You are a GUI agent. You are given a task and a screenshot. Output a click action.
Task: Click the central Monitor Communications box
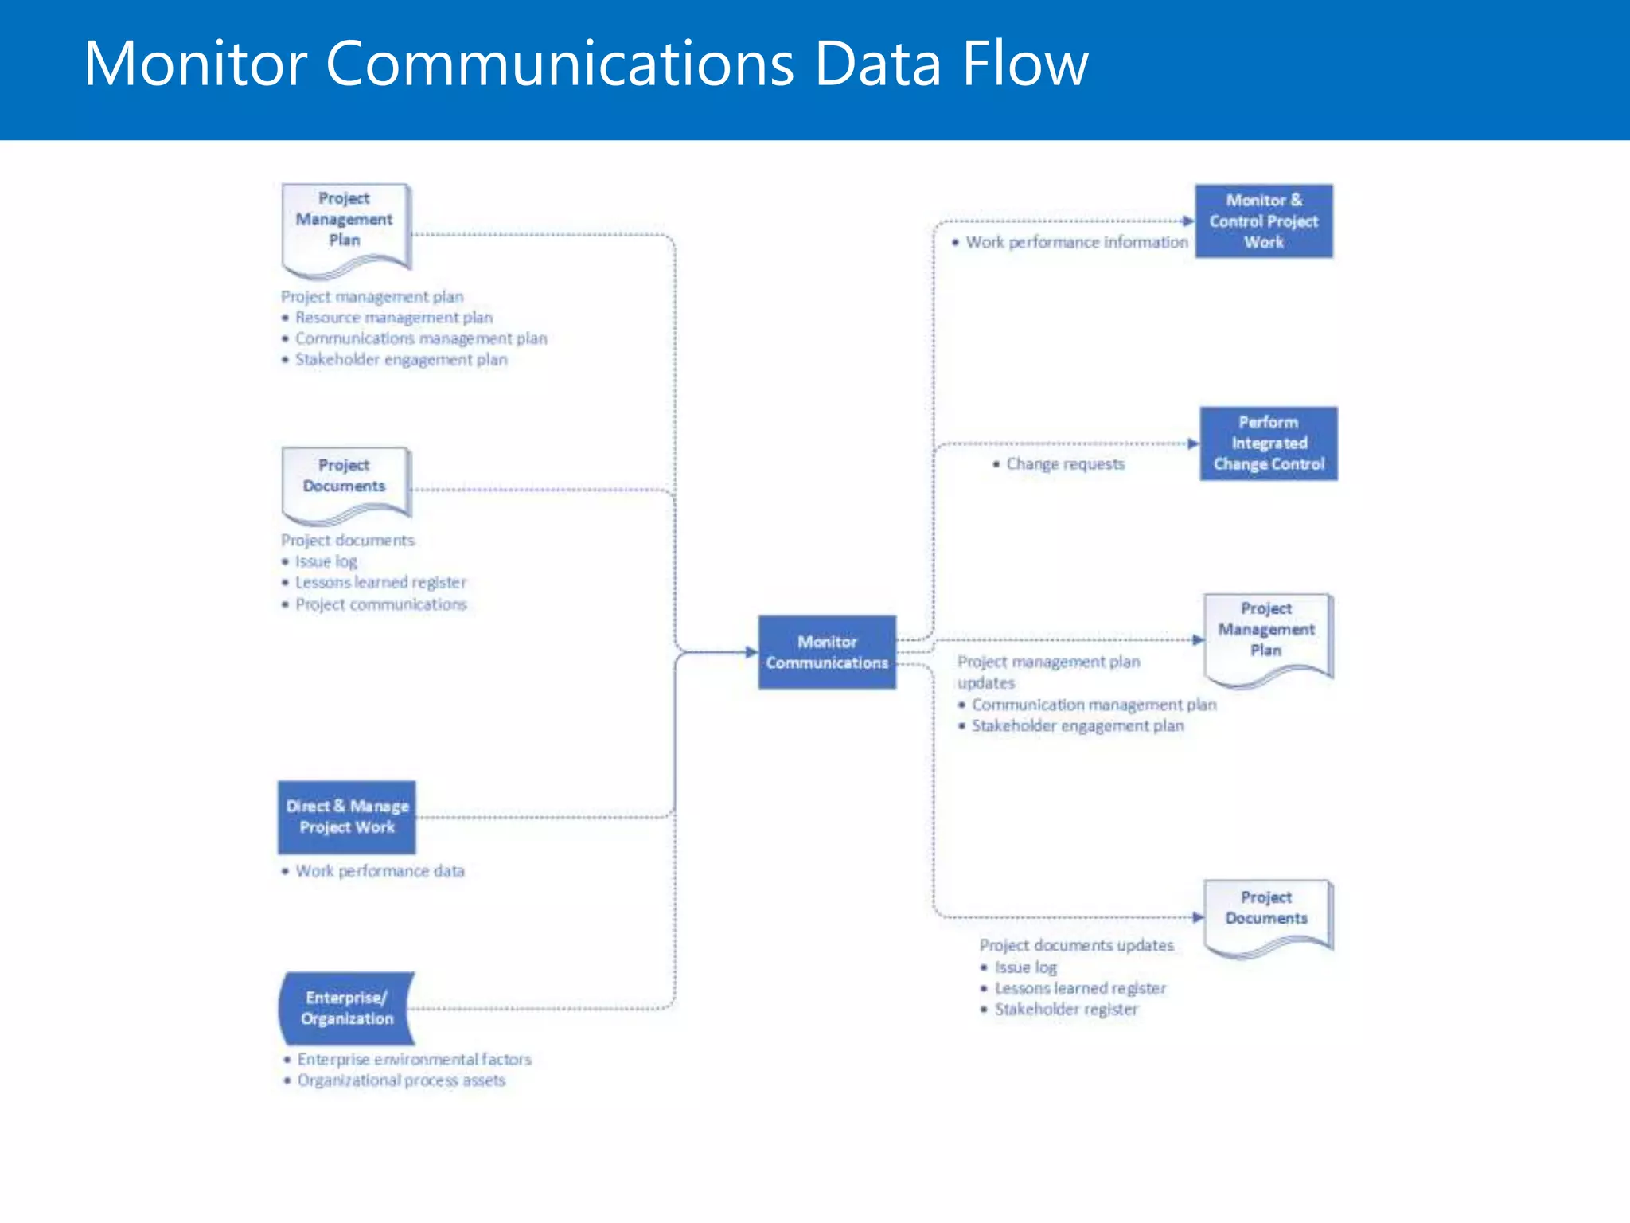826,652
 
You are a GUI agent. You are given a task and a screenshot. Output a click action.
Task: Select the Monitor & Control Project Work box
1263,221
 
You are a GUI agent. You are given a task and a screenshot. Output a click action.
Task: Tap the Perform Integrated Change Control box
1268,443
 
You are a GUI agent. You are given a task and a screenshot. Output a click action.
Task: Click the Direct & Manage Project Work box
347,817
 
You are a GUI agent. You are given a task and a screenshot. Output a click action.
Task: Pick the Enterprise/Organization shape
347,1008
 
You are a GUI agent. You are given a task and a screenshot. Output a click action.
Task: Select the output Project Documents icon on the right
1266,916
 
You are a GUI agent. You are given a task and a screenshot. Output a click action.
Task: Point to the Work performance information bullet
1076,242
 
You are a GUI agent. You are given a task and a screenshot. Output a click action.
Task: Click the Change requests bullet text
1065,464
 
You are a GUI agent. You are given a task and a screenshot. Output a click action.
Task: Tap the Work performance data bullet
380,871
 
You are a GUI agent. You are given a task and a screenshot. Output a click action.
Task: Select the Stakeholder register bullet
1066,1010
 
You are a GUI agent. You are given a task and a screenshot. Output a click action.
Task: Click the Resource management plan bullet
394,318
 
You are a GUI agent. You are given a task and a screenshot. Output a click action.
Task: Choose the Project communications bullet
380,604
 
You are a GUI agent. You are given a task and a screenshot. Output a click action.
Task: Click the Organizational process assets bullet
401,1080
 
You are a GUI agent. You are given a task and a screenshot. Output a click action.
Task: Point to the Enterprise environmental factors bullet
414,1060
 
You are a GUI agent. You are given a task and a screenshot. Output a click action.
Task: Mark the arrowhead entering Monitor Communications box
751,652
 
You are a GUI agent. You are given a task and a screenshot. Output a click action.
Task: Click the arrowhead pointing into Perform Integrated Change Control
1192,443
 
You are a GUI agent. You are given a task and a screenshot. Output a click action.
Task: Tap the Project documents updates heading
1076,945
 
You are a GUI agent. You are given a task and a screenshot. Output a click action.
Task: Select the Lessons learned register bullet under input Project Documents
380,583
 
